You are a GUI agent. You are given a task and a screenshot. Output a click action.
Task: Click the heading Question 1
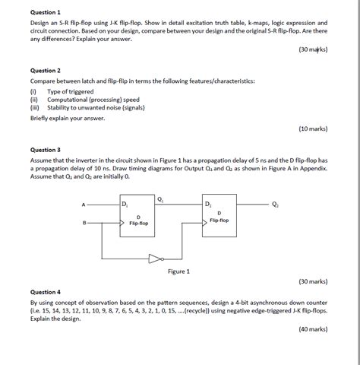45,13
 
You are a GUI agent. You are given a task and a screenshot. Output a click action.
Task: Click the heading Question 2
45,70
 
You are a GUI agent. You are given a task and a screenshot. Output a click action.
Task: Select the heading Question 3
45,150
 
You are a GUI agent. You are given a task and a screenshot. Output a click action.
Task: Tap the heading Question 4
45,292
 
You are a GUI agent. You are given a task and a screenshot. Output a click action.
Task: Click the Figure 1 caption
178,271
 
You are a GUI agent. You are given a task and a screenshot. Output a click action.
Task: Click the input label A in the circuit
84,205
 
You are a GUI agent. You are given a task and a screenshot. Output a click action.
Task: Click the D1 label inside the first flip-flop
126,205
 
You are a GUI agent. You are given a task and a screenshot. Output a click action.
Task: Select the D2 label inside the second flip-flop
209,205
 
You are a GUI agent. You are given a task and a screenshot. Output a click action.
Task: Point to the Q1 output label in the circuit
160,198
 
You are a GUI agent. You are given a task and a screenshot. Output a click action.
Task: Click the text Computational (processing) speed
93,100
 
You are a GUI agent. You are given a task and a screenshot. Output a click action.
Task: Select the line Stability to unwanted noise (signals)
99,108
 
